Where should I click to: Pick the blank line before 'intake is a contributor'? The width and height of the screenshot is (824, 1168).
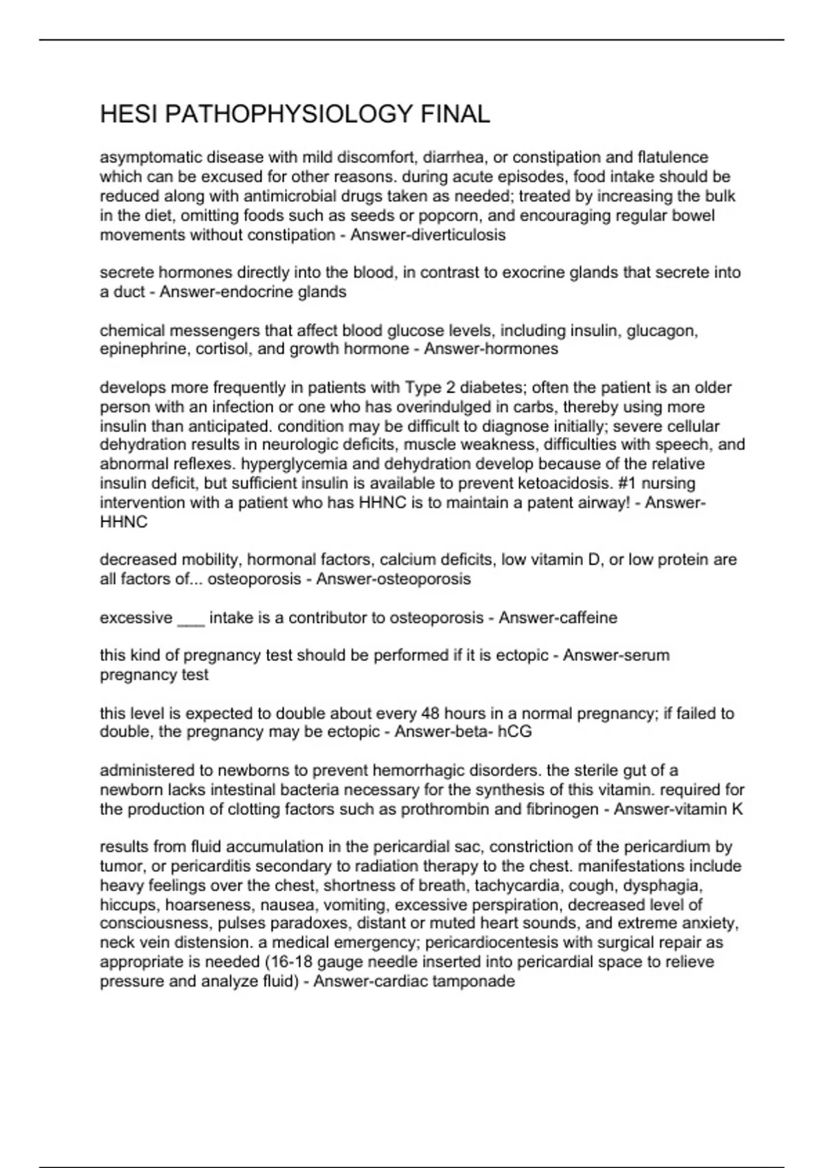pyautogui.click(x=191, y=618)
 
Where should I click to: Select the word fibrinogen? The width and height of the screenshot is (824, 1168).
pyautogui.click(x=562, y=809)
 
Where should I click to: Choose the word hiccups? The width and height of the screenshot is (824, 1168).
pyautogui.click(x=128, y=905)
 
